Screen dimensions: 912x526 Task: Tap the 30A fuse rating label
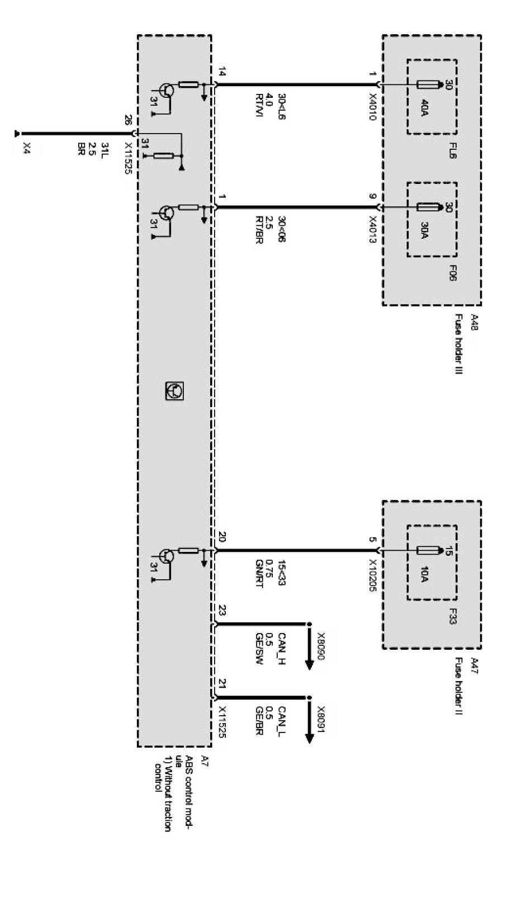[425, 229]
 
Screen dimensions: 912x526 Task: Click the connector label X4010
[373, 106]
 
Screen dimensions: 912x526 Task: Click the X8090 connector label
[321, 647]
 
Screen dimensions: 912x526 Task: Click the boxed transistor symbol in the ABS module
[175, 391]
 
